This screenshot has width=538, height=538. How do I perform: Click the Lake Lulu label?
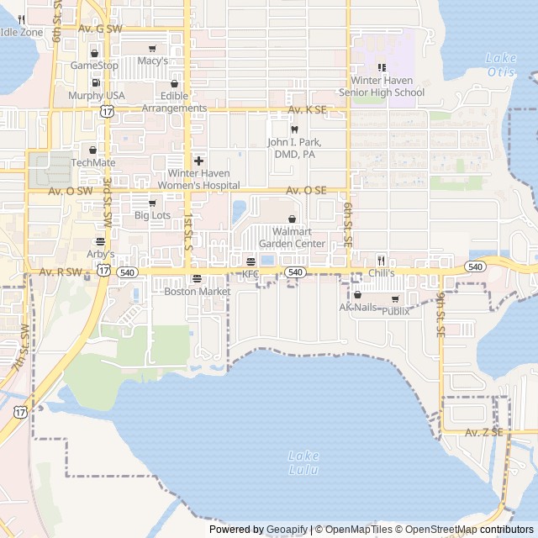pyautogui.click(x=303, y=462)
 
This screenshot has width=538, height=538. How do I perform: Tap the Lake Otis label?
pyautogui.click(x=501, y=65)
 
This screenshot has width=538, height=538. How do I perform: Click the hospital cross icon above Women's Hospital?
pyautogui.click(x=198, y=161)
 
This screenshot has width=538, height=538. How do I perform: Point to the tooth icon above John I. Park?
pyautogui.click(x=294, y=129)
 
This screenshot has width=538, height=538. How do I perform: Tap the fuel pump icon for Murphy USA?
pyautogui.click(x=95, y=83)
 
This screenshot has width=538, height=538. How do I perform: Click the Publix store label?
pyautogui.click(x=396, y=311)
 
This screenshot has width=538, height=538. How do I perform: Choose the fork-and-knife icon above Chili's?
pyautogui.click(x=381, y=261)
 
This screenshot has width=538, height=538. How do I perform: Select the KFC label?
pyautogui.click(x=251, y=274)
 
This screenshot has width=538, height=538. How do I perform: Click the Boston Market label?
pyautogui.click(x=197, y=292)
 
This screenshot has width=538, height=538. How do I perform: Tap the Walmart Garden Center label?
pyautogui.click(x=292, y=238)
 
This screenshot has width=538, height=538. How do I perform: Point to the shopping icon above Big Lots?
pyautogui.click(x=152, y=203)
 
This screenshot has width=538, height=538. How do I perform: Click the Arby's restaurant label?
pyautogui.click(x=100, y=254)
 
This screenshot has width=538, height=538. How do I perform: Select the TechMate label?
pyautogui.click(x=93, y=162)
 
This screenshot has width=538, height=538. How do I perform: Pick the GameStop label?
pyautogui.click(x=94, y=65)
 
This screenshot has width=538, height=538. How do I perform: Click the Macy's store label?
pyautogui.click(x=153, y=61)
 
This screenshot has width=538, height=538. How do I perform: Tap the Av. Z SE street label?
pyautogui.click(x=484, y=432)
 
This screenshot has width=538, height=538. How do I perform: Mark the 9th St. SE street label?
pyautogui.click(x=440, y=315)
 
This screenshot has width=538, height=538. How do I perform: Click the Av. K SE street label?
pyautogui.click(x=307, y=110)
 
